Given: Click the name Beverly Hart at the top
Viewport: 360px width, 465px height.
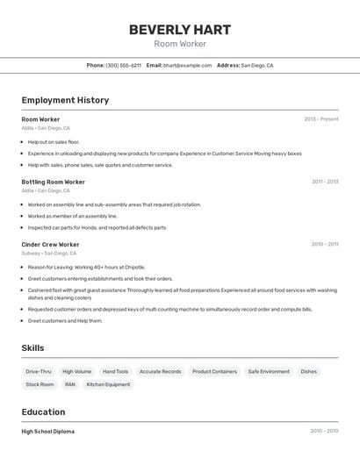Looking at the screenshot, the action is coord(180,29).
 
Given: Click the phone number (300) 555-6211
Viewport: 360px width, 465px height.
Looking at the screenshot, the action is coord(123,65).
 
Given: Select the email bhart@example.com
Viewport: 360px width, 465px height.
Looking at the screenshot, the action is coord(187,65).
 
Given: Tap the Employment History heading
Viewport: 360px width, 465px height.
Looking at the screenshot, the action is coord(65,100).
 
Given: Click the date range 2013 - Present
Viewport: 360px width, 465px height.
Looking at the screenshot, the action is coord(320,119).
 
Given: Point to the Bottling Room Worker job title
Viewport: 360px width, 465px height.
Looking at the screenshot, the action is coord(53,182).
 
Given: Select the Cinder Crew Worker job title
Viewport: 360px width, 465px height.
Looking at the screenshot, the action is coord(50,245).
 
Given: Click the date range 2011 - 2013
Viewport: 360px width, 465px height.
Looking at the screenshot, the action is coord(324,182).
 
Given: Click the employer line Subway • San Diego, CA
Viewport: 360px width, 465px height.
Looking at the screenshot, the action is coord(49,254).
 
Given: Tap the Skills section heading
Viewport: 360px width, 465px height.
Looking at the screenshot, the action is coord(32,348).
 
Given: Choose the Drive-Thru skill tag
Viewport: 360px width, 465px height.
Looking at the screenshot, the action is coord(39,372).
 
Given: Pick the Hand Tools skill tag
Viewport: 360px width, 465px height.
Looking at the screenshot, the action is coord(115,372).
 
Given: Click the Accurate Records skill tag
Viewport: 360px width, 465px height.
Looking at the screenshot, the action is coord(160,372).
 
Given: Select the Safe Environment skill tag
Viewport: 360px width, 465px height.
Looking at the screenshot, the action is coord(269,372).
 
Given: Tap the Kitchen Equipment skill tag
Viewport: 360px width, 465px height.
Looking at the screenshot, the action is coord(108,384).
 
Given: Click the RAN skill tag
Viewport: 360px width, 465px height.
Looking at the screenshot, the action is coord(70,384).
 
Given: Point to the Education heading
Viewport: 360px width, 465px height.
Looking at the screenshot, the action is coord(43,412).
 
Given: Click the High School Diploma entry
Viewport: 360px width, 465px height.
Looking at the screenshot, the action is coord(47,432).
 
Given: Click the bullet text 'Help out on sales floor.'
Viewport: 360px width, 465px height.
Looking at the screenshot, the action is coord(54,141).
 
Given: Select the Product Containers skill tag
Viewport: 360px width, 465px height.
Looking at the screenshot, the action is coord(214,372).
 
